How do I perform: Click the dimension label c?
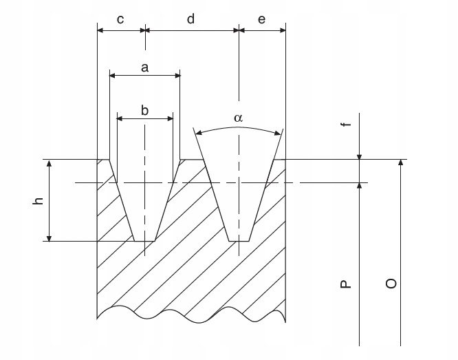coord(120,19)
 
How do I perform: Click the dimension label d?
coord(190,19)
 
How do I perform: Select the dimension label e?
coord(261,19)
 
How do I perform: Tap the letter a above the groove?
coord(144,67)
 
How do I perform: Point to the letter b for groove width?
coord(144,109)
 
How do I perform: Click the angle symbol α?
coord(238,118)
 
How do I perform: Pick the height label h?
coord(39,200)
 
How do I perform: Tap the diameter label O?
coord(391,283)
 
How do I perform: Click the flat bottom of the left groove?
coord(144,241)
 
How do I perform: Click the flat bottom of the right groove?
coord(239,241)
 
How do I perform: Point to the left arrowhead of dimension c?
coord(100,30)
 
